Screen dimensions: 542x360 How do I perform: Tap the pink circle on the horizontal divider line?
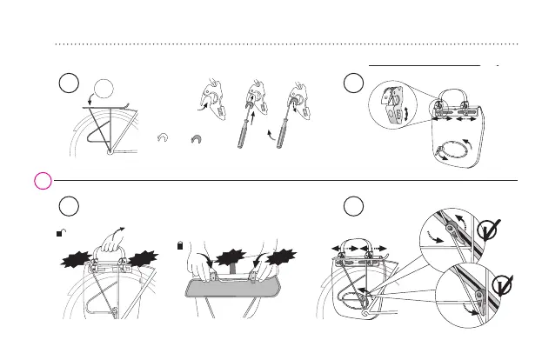40,181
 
